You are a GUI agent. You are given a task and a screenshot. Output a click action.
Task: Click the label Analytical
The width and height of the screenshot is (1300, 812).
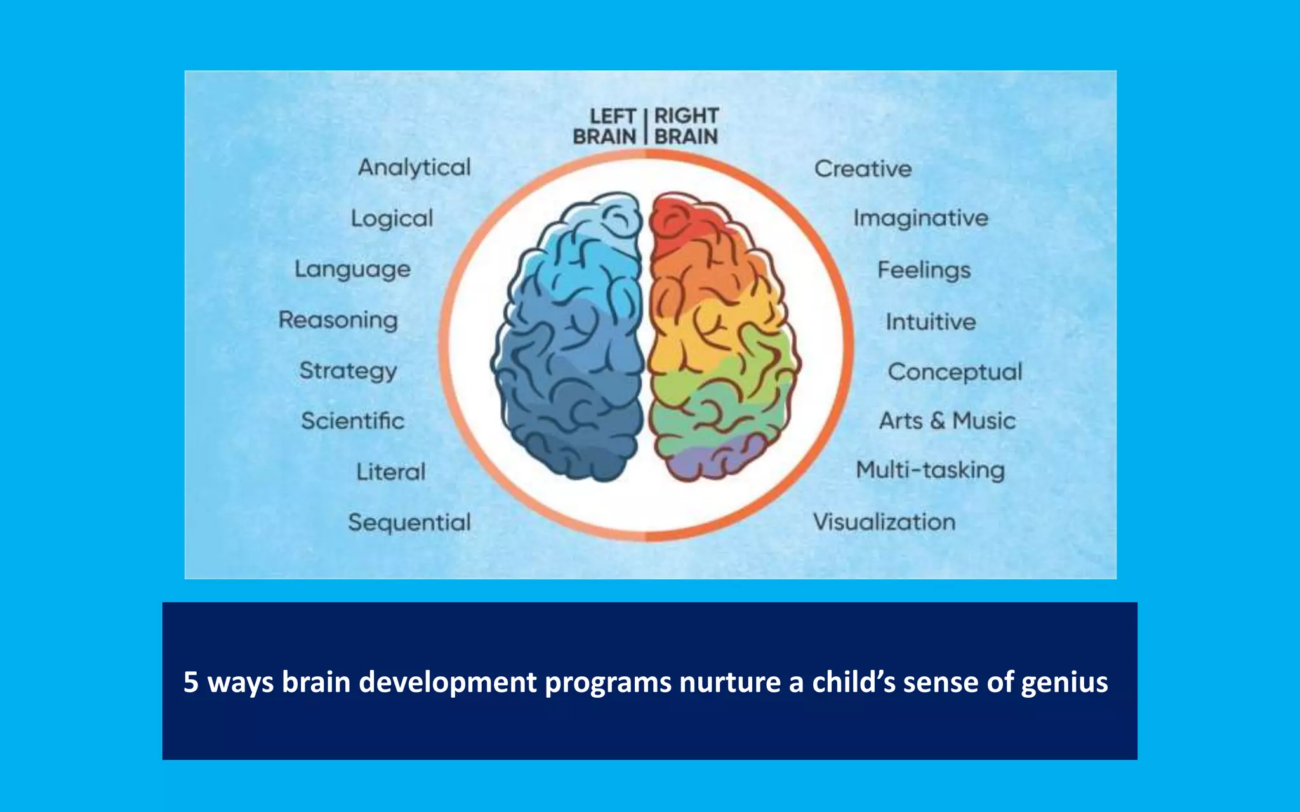point(414,167)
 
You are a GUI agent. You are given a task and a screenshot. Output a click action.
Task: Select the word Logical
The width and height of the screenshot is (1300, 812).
point(392,218)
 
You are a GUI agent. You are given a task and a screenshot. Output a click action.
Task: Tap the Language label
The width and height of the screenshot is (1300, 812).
point(352,269)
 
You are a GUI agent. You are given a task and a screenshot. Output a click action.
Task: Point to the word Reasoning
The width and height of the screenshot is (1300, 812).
point(338,320)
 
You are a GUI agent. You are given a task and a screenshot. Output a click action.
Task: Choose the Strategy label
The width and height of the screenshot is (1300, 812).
point(348,370)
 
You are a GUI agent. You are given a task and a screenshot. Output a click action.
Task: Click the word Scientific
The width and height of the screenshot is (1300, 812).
point(352,421)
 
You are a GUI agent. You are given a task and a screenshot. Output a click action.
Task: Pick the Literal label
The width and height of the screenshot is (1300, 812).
point(391,471)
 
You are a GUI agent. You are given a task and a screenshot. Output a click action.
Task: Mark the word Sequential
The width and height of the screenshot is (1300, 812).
point(409,522)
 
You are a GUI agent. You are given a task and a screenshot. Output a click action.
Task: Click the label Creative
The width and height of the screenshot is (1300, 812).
point(863,169)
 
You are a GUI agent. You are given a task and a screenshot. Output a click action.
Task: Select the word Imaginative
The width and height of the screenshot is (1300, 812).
point(920,218)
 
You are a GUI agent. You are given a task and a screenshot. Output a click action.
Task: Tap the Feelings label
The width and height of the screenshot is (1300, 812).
point(924,270)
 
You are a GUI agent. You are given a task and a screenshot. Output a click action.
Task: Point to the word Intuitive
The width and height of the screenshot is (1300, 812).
point(931,322)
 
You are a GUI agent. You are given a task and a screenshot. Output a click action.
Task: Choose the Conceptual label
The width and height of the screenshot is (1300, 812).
point(955,372)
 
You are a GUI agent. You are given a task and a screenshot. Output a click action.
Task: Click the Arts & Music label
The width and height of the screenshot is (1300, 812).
point(947,421)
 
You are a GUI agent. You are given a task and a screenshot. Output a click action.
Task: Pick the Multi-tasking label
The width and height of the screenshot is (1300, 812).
point(930,470)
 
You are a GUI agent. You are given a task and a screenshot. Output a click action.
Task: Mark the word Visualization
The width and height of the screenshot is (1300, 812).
point(884,522)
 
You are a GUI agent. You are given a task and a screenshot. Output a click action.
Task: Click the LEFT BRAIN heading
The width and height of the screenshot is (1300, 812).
point(605,126)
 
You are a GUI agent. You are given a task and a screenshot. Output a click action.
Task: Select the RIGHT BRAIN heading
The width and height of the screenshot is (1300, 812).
point(686,126)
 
